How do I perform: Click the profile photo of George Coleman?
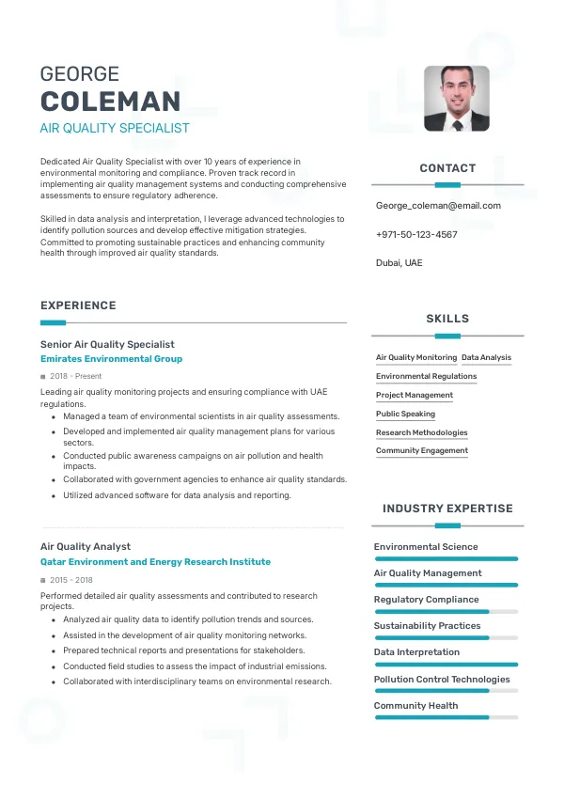[456, 98]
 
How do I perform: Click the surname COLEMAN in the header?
[110, 102]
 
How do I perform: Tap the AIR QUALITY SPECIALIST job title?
[115, 128]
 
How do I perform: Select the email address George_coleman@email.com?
[438, 205]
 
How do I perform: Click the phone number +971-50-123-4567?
[416, 234]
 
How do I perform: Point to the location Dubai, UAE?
[399, 263]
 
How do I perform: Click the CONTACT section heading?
[447, 168]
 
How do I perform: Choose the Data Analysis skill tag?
[487, 358]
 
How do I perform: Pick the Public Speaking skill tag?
[405, 414]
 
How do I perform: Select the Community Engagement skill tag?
[422, 451]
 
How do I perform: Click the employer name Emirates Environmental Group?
[111, 359]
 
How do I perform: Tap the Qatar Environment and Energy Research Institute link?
[155, 562]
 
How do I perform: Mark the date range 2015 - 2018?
[71, 580]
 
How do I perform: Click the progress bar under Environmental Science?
[446, 558]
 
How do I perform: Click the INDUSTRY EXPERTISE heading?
[447, 509]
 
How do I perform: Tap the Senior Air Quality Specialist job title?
[107, 344]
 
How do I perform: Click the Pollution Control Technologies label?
[442, 679]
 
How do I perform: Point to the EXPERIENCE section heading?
[78, 305]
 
